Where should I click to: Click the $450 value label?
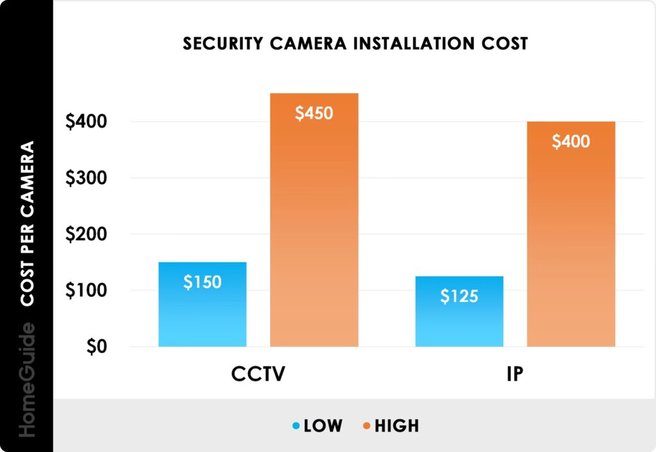pos(314,113)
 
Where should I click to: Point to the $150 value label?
pos(202,282)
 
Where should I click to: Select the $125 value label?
pos(459,296)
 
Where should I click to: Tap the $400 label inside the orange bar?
pos(571,142)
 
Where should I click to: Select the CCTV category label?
pos(258,374)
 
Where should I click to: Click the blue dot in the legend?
pos(296,426)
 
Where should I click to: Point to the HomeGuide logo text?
pos(26,381)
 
